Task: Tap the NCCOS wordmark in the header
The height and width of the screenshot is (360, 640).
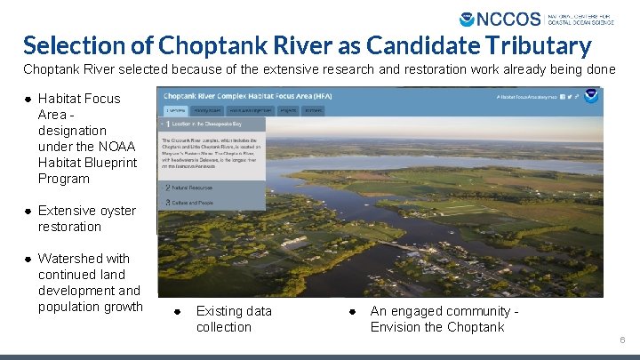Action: pos(509,19)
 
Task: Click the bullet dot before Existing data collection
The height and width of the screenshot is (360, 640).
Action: pos(177,311)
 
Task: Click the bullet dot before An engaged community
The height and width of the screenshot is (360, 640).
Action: pos(352,311)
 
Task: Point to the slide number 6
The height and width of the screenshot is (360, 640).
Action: pos(623,340)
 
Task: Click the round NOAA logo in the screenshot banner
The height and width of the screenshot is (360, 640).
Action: pos(590,96)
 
